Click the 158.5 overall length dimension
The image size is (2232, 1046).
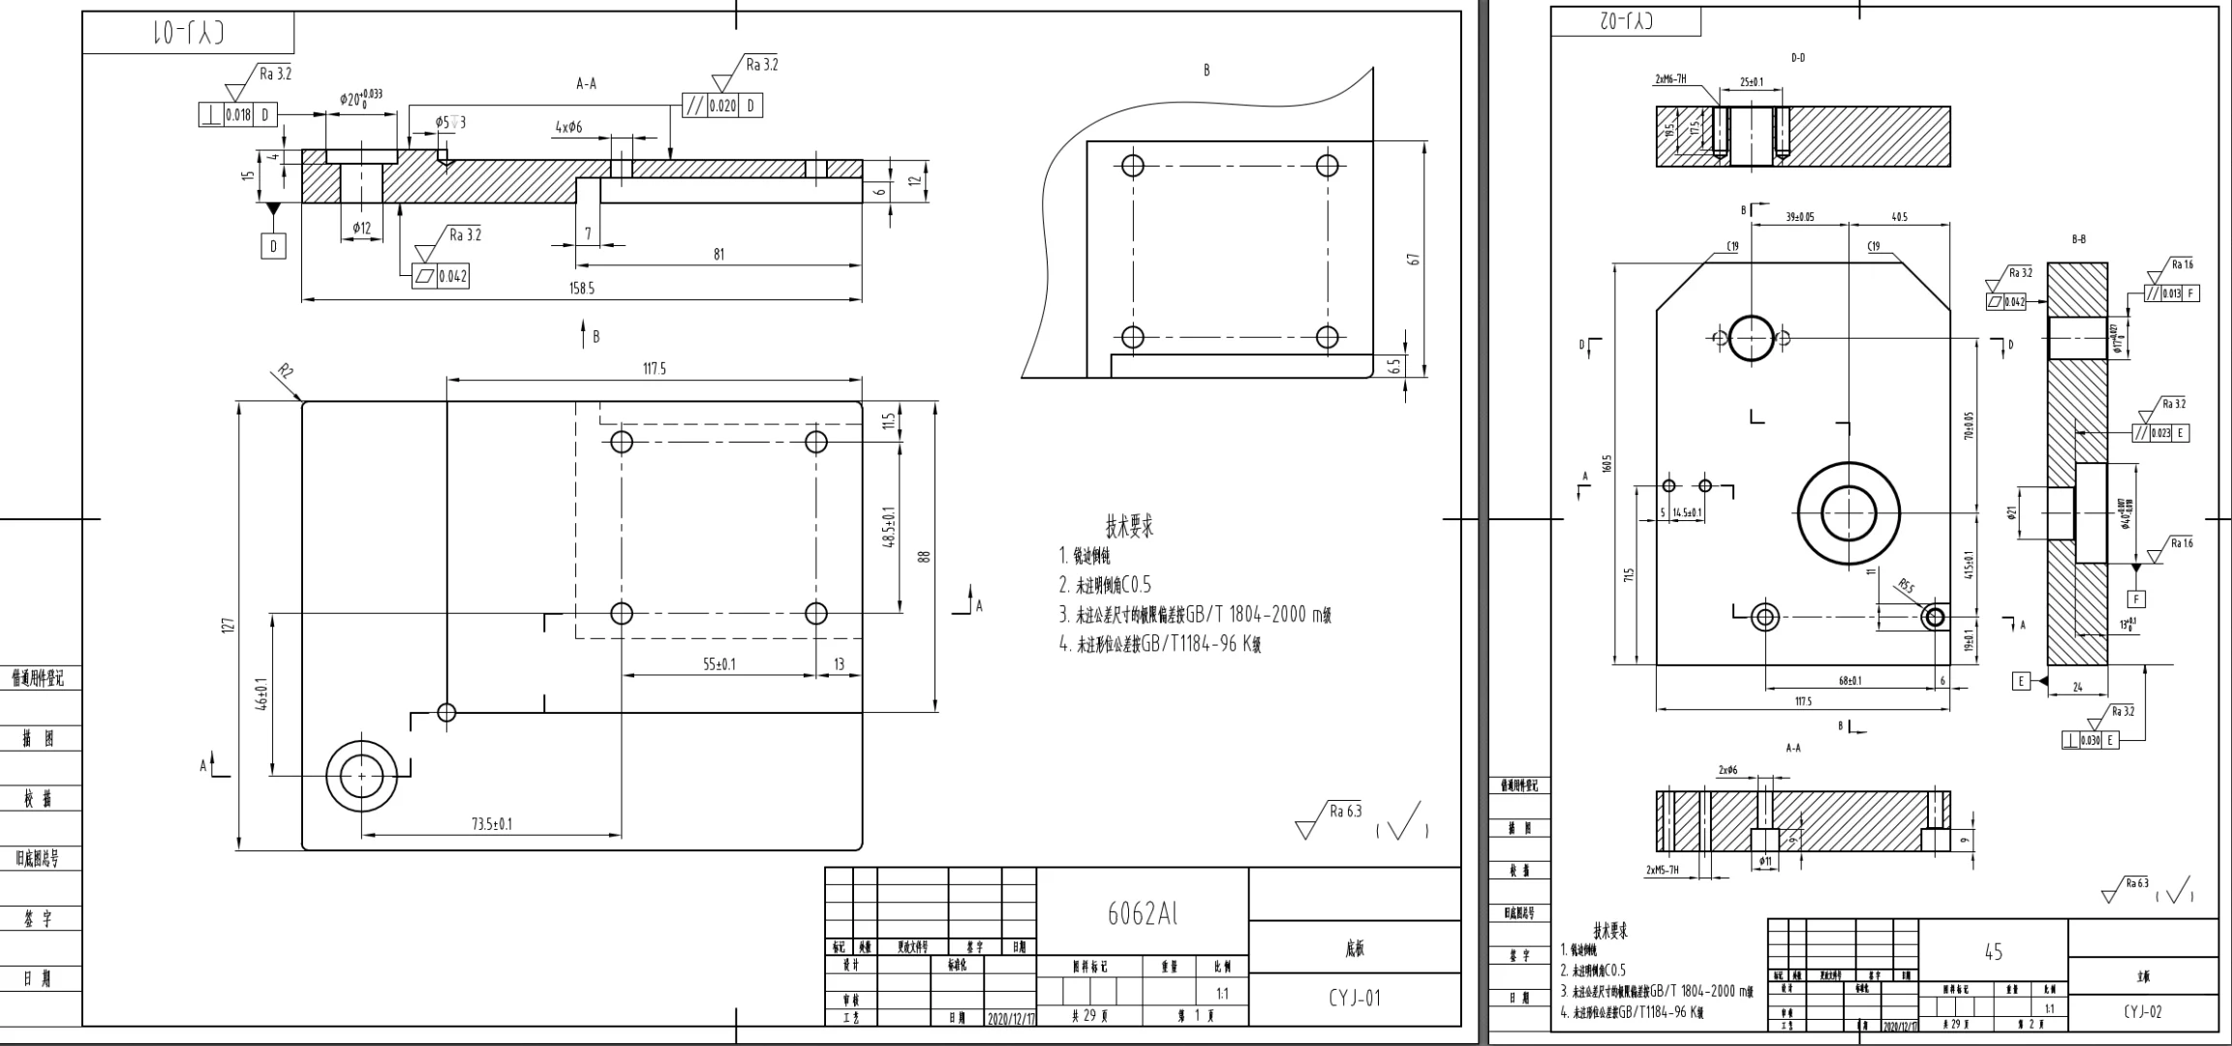(582, 289)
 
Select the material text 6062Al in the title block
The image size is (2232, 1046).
(1143, 913)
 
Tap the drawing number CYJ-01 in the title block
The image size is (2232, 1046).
(1354, 999)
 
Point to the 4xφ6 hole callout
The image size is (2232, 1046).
(568, 128)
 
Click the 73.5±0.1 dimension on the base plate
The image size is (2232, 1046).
(492, 824)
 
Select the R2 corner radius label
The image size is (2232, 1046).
(285, 370)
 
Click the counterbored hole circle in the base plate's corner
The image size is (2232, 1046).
(362, 776)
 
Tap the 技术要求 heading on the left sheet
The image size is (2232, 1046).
(1129, 527)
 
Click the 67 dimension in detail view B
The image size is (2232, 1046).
(1414, 260)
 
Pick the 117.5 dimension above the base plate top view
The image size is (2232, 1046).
(655, 369)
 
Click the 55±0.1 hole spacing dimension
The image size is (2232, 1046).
(719, 663)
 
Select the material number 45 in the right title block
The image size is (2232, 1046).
(1993, 952)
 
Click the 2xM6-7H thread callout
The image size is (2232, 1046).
(1670, 79)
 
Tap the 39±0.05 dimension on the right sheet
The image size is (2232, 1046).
(1800, 217)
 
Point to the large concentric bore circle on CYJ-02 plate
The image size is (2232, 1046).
(1848, 513)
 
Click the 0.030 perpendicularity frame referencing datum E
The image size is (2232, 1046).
(2091, 740)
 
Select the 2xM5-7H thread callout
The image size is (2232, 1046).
(1663, 870)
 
